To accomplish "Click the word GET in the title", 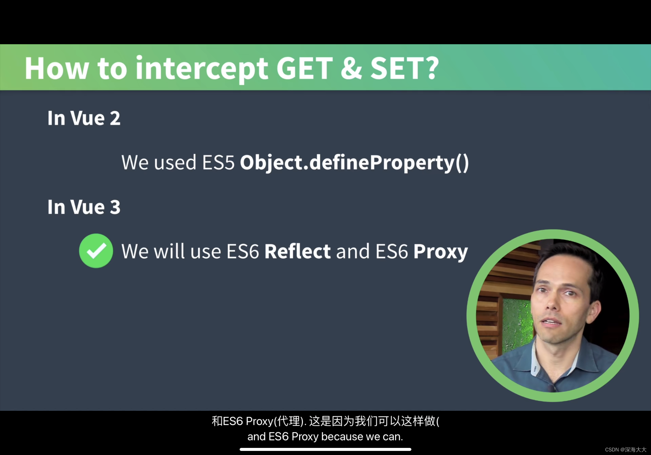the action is (305, 68).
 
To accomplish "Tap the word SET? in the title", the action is (405, 68).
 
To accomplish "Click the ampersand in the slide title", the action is (352, 68).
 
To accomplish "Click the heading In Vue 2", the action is (84, 118).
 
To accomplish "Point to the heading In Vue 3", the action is (84, 207).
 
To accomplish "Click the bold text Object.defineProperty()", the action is (354, 163).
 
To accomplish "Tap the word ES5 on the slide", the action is (218, 163).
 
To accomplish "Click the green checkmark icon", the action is (96, 251).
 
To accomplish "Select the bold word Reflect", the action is (297, 251).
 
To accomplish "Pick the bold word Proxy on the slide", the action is (441, 252).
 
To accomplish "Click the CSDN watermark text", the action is (625, 450).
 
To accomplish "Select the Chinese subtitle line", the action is (325, 421).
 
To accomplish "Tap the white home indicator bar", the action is (325, 449).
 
